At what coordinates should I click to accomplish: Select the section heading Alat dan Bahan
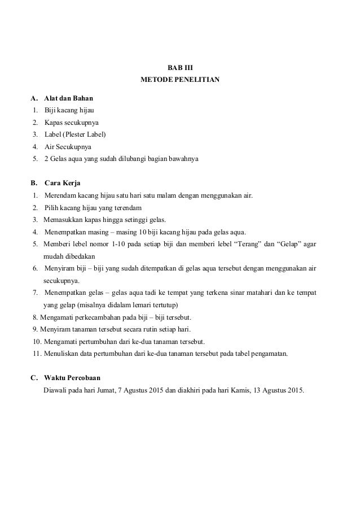69,98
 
